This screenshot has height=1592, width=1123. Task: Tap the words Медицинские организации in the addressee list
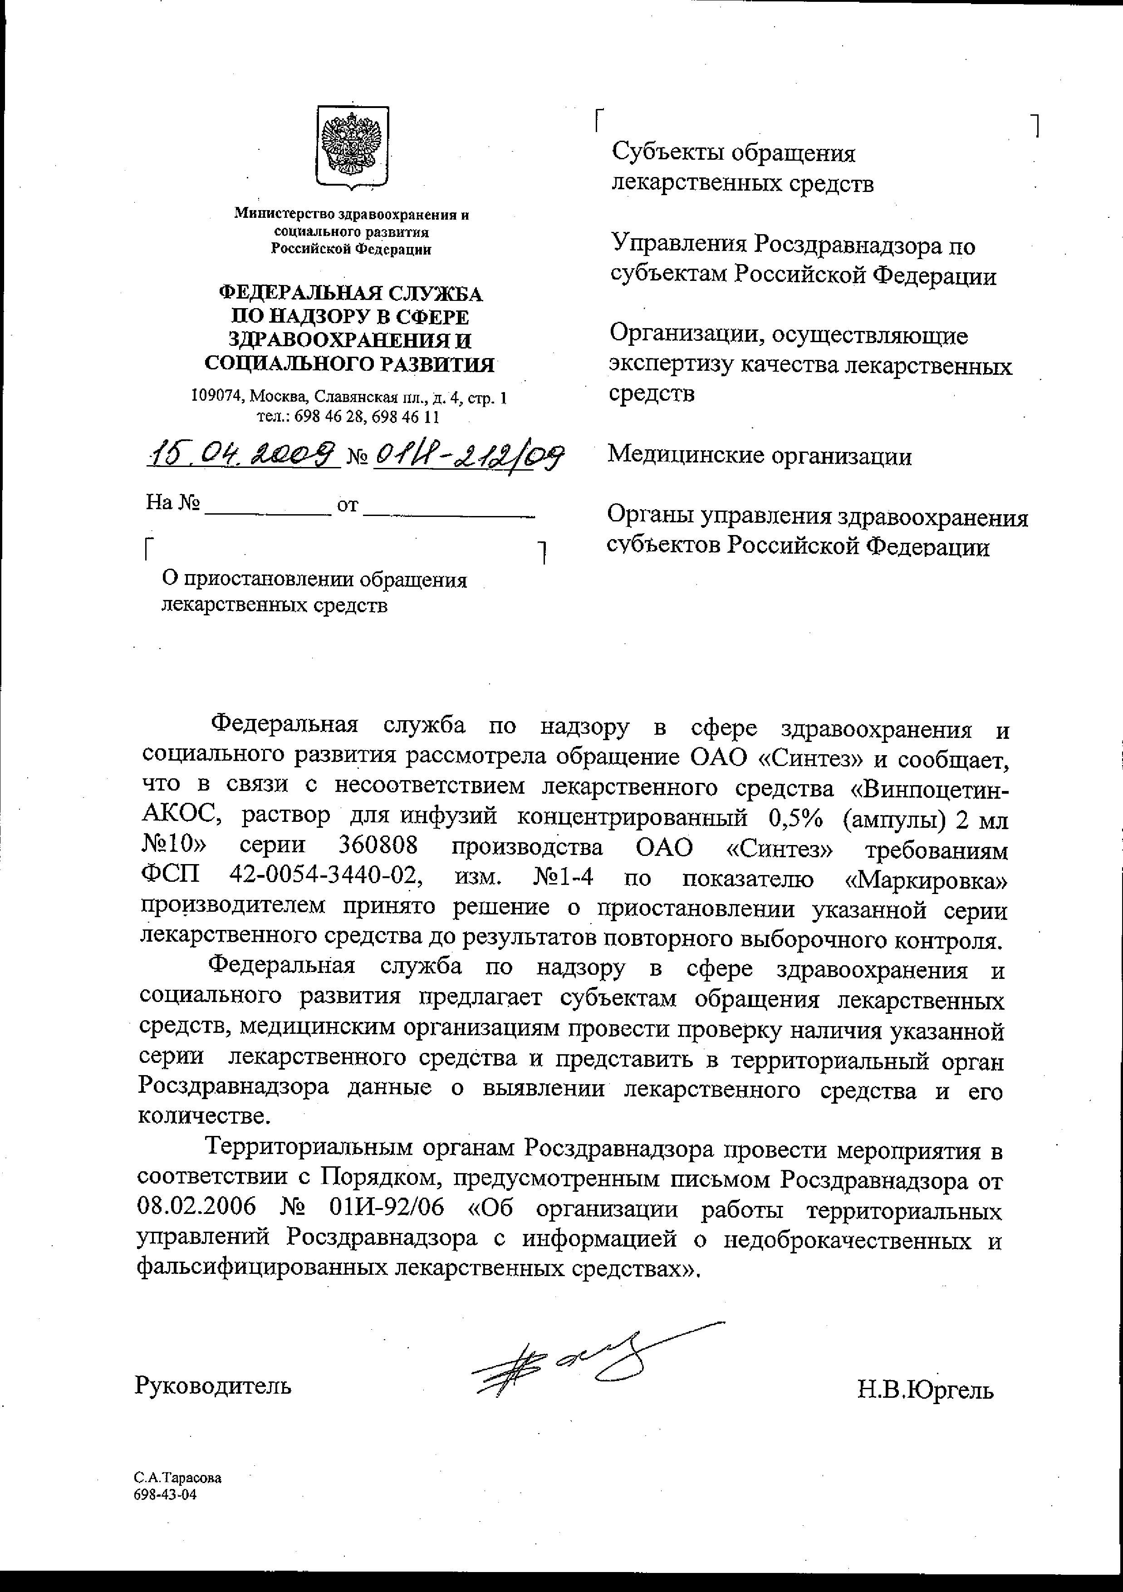(x=759, y=456)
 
